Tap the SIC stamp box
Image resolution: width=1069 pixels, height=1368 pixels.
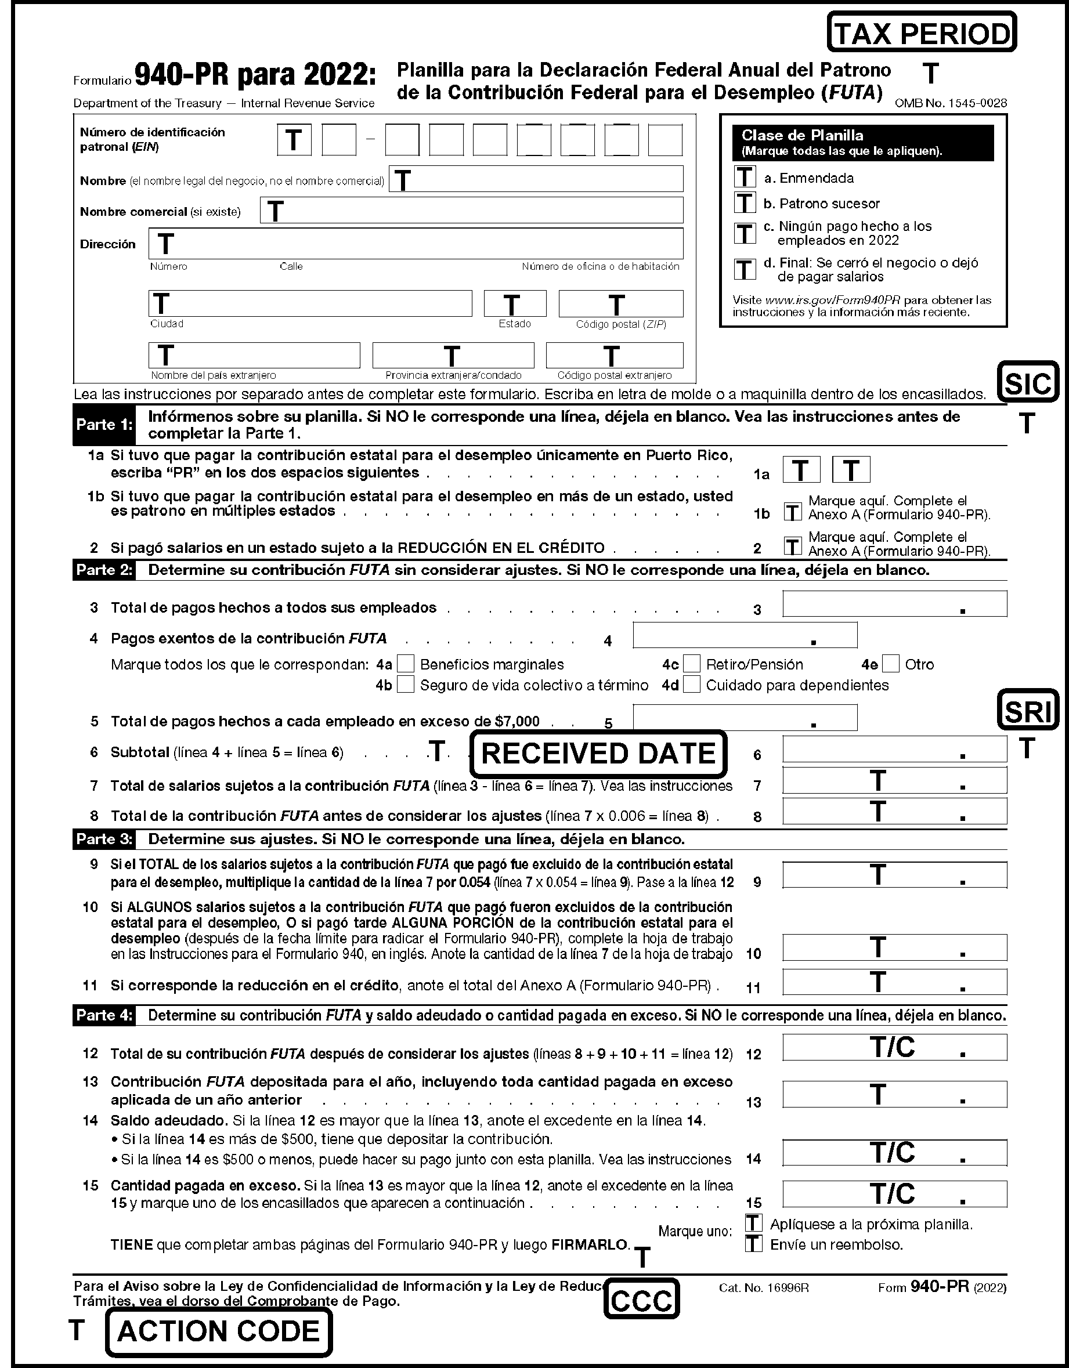1028,382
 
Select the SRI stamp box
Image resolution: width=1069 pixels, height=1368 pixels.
1028,710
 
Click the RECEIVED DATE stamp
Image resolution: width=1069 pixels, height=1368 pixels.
598,754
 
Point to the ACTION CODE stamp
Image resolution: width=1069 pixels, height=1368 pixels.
219,1331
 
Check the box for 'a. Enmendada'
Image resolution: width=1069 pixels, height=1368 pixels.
745,178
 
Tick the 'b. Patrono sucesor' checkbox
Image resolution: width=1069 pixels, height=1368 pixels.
745,203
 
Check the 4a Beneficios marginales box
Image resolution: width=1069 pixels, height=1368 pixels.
406,663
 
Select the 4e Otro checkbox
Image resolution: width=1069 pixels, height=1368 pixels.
891,663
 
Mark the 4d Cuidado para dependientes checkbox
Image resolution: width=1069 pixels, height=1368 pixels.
692,685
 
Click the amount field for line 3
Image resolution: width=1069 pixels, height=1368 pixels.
894,605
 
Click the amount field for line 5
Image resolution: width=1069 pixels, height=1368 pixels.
745,718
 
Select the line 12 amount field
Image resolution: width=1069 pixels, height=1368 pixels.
894,1047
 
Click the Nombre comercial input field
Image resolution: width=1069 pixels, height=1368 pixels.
471,211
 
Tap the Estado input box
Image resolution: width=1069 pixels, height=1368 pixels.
514,304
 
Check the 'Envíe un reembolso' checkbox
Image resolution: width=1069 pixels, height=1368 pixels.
753,1243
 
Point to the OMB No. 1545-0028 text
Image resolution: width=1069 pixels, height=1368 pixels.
951,103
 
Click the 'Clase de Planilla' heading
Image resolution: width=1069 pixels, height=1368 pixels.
802,135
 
